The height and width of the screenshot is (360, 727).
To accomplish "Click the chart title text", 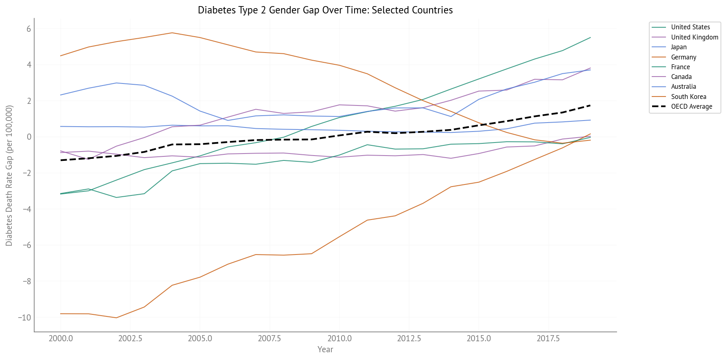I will tap(325, 10).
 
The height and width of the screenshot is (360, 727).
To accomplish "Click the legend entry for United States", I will tap(690, 27).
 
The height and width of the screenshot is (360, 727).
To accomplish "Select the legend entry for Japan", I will tap(679, 47).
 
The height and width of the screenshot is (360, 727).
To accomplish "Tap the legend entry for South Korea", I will tap(688, 97).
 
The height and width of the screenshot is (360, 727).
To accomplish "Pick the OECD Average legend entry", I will tap(691, 107).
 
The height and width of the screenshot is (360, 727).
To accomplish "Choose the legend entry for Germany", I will tap(683, 57).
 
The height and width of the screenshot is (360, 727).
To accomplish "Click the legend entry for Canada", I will tap(681, 77).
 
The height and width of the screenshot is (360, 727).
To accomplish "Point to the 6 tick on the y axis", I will tap(29, 29).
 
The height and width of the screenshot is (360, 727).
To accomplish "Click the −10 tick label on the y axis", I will tap(24, 318).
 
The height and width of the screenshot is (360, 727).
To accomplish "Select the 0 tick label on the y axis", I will tap(29, 137).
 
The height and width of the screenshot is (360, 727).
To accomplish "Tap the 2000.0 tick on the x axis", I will tap(61, 339).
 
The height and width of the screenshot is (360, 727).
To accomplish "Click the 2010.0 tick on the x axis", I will tap(339, 339).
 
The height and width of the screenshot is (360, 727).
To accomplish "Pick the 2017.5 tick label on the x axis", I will tap(548, 339).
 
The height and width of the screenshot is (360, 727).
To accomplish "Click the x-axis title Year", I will tap(325, 349).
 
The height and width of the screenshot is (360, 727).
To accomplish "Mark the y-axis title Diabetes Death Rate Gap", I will tap(9, 175).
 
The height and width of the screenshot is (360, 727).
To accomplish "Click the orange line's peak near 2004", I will tap(172, 33).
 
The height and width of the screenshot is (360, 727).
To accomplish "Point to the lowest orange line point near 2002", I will tap(116, 318).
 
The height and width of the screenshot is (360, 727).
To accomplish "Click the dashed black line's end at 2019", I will tap(590, 105).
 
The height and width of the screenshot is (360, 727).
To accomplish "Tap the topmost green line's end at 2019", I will tap(590, 37).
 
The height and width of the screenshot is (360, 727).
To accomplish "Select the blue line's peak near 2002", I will tap(116, 83).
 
